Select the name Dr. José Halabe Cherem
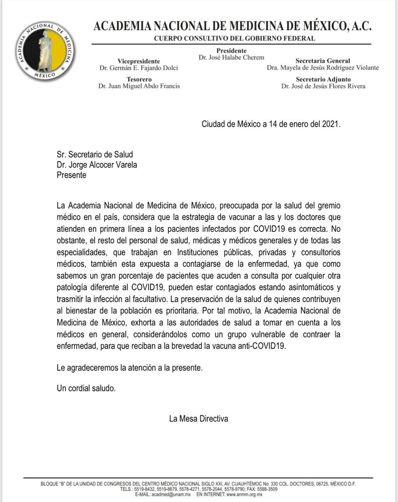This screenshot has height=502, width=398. click(231, 58)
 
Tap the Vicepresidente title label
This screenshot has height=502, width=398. click(139, 61)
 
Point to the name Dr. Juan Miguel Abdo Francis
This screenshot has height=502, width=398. click(139, 86)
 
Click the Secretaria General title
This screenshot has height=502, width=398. click(323, 61)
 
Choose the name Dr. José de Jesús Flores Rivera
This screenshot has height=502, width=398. click(323, 86)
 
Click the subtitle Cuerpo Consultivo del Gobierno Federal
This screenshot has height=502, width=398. click(234, 38)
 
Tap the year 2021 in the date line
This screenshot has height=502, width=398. click(330, 124)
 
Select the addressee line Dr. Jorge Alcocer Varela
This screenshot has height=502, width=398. click(97, 165)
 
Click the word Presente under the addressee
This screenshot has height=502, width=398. click(71, 175)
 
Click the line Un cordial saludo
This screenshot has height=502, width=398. click(86, 388)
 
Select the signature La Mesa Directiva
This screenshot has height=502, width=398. click(198, 418)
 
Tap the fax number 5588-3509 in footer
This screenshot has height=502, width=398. click(268, 489)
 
